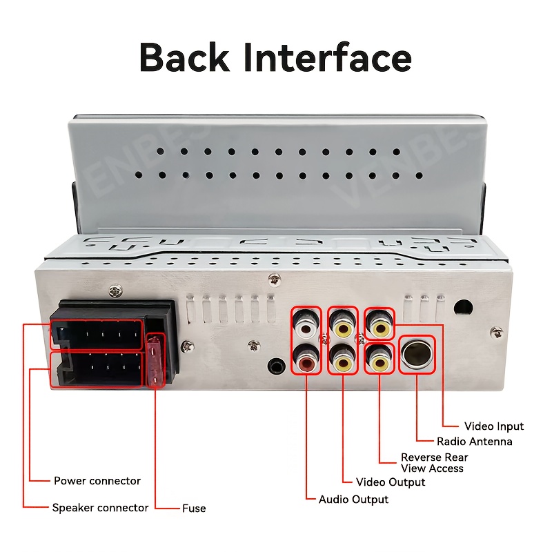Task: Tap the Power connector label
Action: click(97, 481)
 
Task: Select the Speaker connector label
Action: click(101, 508)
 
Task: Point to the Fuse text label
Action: click(194, 509)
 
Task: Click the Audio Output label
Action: click(353, 499)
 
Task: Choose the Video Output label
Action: click(391, 482)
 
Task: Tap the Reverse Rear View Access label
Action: click(434, 462)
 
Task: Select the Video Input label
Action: click(494, 426)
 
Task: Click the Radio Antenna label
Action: click(475, 442)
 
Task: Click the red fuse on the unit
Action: click(157, 362)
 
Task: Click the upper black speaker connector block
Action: click(97, 334)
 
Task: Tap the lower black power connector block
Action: click(97, 369)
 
